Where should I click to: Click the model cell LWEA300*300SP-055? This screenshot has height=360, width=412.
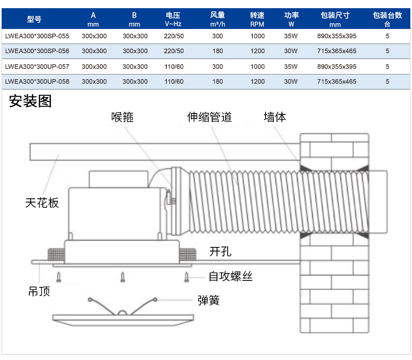click(x=37, y=36)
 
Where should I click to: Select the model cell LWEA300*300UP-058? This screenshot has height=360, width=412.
click(x=37, y=82)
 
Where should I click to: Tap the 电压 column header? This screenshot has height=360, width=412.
click(x=173, y=20)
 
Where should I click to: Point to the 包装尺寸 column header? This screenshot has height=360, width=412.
click(x=335, y=20)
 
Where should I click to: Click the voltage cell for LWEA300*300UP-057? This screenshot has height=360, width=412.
click(x=174, y=67)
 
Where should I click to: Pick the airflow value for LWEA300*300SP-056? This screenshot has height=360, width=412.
click(x=217, y=51)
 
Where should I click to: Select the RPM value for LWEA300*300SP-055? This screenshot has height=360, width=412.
click(x=257, y=36)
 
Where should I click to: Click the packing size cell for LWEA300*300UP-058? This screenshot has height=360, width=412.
click(x=337, y=82)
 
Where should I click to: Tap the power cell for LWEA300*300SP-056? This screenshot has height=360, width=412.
click(x=290, y=51)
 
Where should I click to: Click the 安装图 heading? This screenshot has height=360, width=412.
click(x=30, y=101)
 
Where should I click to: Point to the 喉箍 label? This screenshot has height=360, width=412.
click(x=122, y=117)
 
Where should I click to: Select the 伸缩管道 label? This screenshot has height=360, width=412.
click(x=209, y=117)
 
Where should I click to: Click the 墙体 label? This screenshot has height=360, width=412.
click(x=275, y=117)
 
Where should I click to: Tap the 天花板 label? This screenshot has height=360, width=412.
click(x=42, y=203)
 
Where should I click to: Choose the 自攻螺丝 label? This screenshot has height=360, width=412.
click(x=231, y=277)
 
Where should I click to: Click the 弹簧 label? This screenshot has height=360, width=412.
click(x=208, y=300)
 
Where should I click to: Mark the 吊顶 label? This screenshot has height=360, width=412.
click(x=39, y=291)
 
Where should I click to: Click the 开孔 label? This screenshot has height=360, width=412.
click(x=220, y=252)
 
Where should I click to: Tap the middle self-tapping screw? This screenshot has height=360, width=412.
click(x=122, y=277)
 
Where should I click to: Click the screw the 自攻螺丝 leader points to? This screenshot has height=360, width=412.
click(x=186, y=277)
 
